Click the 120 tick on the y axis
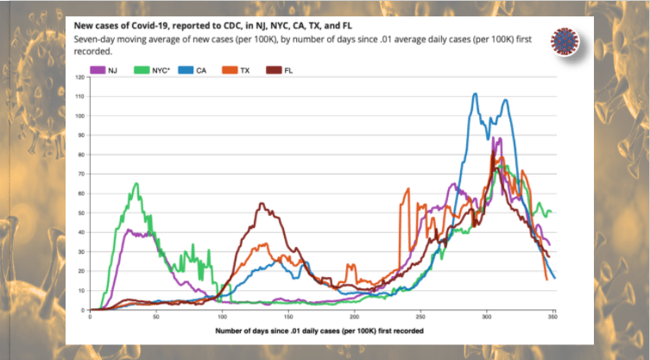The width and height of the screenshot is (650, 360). tap(79, 78)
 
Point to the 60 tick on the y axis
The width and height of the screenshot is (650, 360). tap(81, 193)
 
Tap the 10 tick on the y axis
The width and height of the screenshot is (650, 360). tap(81, 290)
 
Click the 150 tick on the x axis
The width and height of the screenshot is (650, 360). tap(289, 316)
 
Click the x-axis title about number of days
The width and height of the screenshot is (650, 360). tap(322, 331)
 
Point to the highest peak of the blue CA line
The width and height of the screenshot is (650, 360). tap(475, 94)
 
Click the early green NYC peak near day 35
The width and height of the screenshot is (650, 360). tap(136, 184)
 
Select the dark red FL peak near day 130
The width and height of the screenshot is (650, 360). tap(262, 205)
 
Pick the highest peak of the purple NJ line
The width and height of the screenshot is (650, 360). tap(498, 138)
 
